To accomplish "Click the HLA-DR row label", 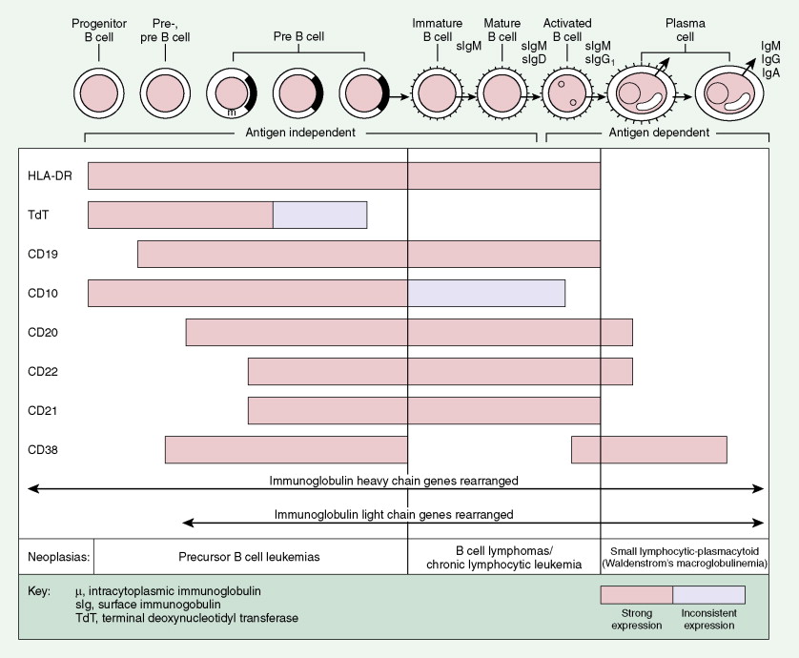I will click(x=45, y=175).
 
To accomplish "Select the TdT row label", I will click(x=37, y=216).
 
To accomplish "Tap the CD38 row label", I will click(x=42, y=449).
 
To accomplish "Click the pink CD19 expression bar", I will click(x=368, y=254).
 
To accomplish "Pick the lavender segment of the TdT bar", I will click(x=319, y=216).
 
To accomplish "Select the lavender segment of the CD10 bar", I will click(x=486, y=293).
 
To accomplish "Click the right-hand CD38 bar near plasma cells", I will click(x=648, y=449).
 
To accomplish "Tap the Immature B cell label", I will click(x=436, y=30).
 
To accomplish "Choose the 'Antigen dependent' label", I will click(x=659, y=133).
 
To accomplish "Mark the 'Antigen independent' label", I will click(x=301, y=133).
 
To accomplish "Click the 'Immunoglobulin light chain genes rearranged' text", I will click(x=392, y=514).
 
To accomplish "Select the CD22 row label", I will click(x=42, y=371).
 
